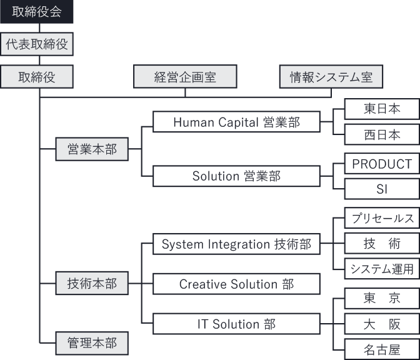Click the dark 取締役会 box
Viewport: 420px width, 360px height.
pyautogui.click(x=37, y=11)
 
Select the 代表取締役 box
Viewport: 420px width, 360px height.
pyautogui.click(x=37, y=44)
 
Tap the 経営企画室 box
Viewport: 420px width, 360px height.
pyautogui.click(x=186, y=77)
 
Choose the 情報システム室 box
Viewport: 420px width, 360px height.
pyautogui.click(x=331, y=77)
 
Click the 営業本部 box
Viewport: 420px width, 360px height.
pyautogui.click(x=92, y=149)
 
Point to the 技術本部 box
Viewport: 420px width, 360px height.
pyautogui.click(x=92, y=284)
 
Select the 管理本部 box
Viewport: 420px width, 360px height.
pyautogui.click(x=92, y=342)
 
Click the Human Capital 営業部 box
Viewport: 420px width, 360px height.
pyautogui.click(x=237, y=122)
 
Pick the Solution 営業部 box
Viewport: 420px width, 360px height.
pyautogui.click(x=237, y=176)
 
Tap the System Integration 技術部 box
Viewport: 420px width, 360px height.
pyautogui.click(x=237, y=244)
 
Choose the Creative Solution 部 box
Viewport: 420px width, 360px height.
pyautogui.click(x=237, y=284)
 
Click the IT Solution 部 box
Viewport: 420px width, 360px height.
pyautogui.click(x=237, y=324)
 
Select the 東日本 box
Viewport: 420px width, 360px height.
pyautogui.click(x=382, y=109)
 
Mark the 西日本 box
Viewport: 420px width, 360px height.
pyautogui.click(x=382, y=135)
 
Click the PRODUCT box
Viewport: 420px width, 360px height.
pyautogui.click(x=382, y=164)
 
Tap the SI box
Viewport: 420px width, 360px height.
pyautogui.click(x=382, y=189)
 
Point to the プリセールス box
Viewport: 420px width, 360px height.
pyautogui.click(x=382, y=218)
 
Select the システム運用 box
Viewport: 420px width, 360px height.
pyautogui.click(x=382, y=269)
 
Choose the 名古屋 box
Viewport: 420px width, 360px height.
pyautogui.click(x=382, y=349)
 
